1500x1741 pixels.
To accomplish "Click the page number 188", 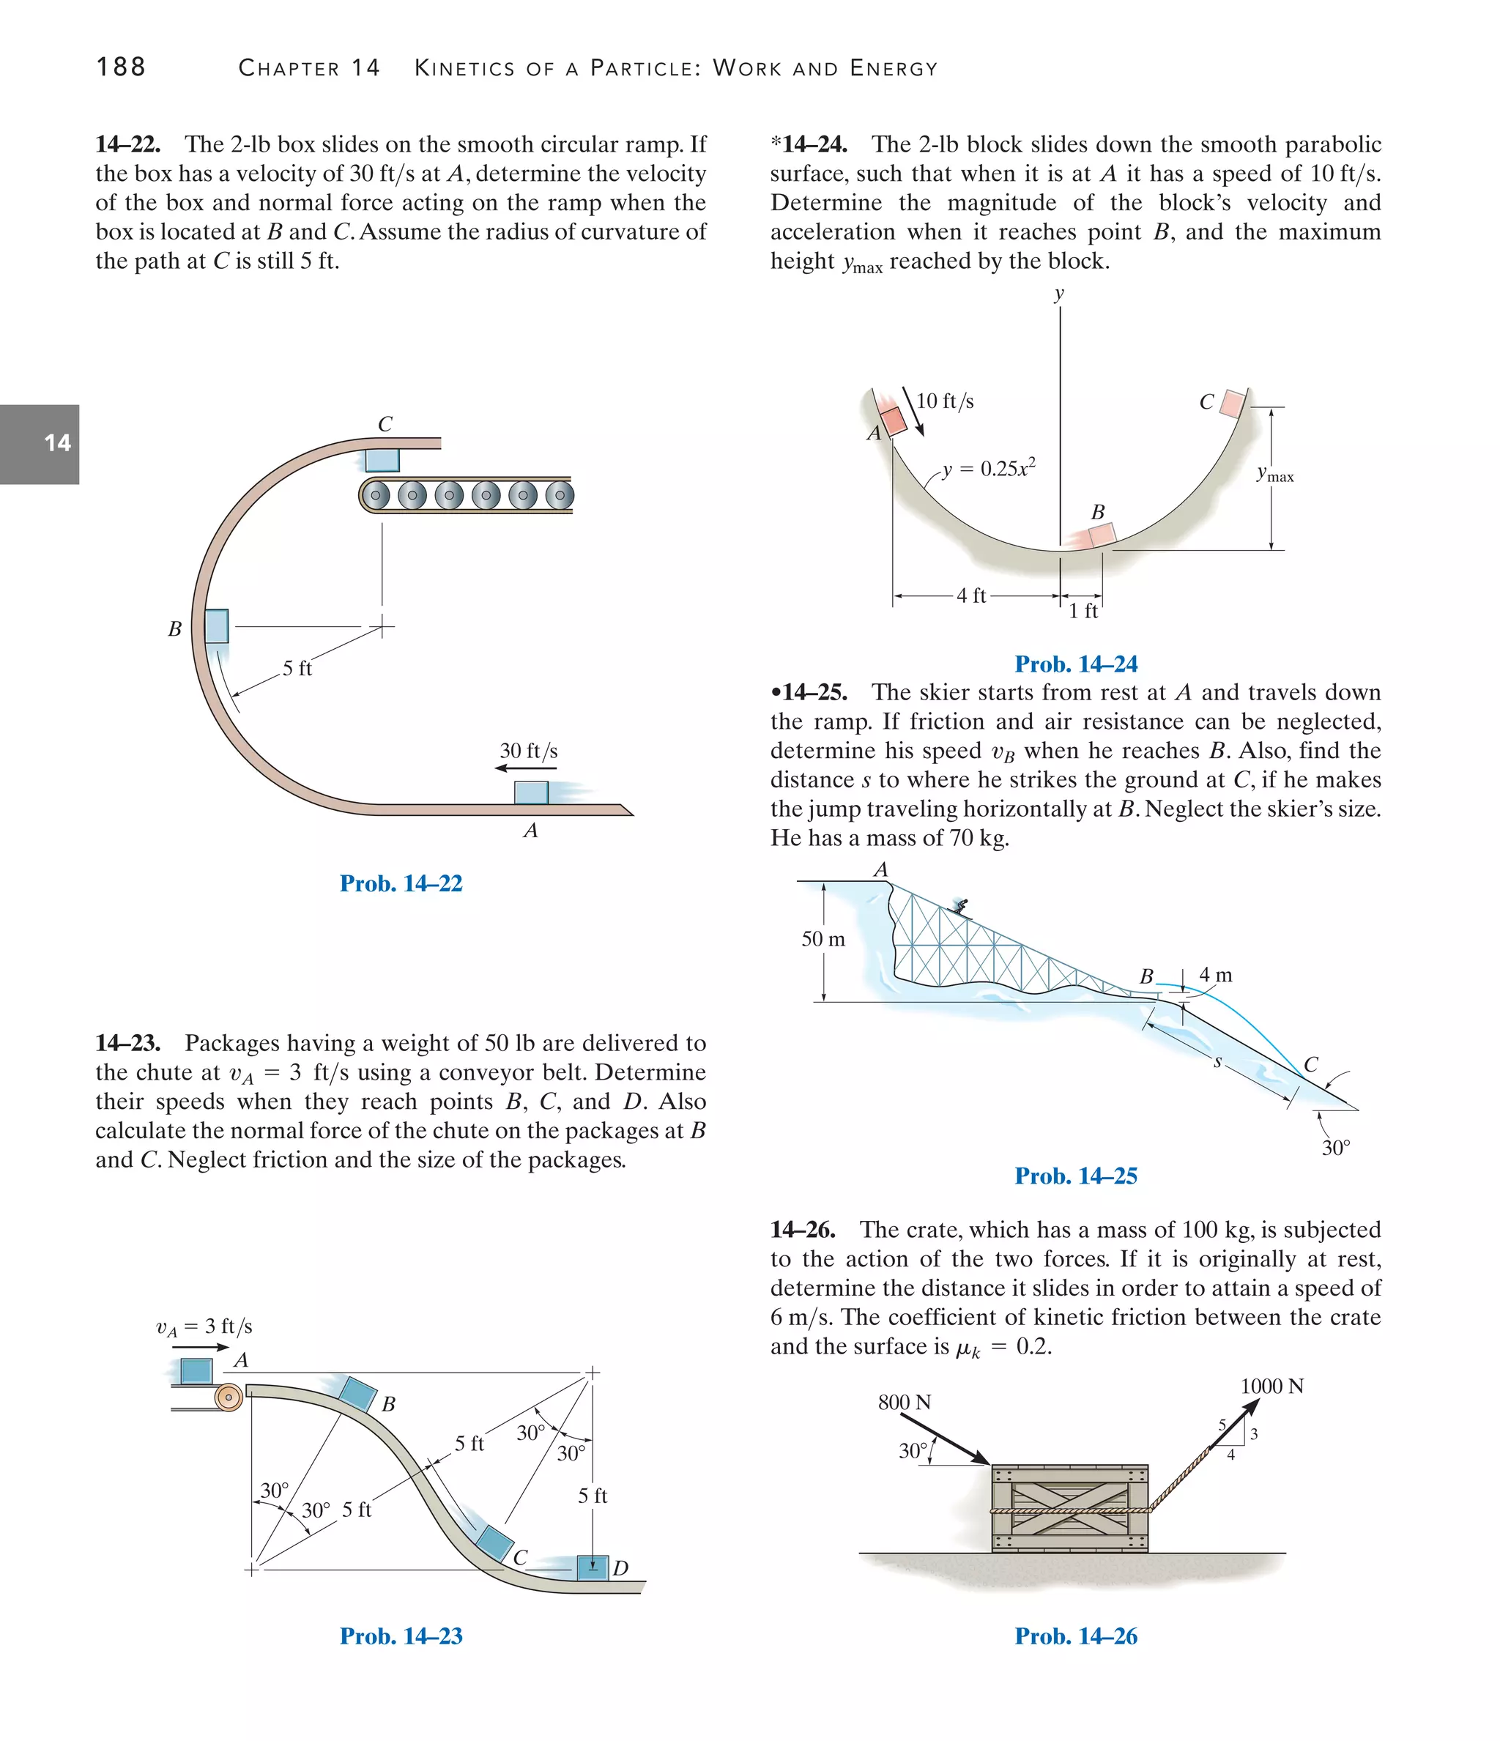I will pos(121,67).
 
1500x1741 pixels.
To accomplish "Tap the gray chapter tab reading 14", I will pos(40,444).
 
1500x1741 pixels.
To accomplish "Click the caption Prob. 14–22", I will pos(401,883).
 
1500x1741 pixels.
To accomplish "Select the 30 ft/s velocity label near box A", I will pos(529,750).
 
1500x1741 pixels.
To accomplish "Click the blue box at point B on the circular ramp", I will pos(217,626).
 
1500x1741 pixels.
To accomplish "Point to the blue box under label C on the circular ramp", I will pos(382,460).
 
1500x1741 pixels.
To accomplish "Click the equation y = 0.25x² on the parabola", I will pos(988,468).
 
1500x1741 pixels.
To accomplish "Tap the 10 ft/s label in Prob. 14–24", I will pos(945,401).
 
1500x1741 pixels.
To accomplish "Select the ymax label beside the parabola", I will pos(1275,475).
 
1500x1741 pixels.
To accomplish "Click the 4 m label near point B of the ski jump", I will pos(1215,975).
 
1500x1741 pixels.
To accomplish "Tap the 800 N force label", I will pos(905,1403).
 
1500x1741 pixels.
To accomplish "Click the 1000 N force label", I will pos(1271,1386).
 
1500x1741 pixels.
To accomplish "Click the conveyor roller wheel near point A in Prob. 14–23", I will pos(229,1397).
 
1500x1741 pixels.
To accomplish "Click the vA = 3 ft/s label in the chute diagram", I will pos(204,1326).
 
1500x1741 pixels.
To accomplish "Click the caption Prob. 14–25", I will pos(1076,1176).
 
